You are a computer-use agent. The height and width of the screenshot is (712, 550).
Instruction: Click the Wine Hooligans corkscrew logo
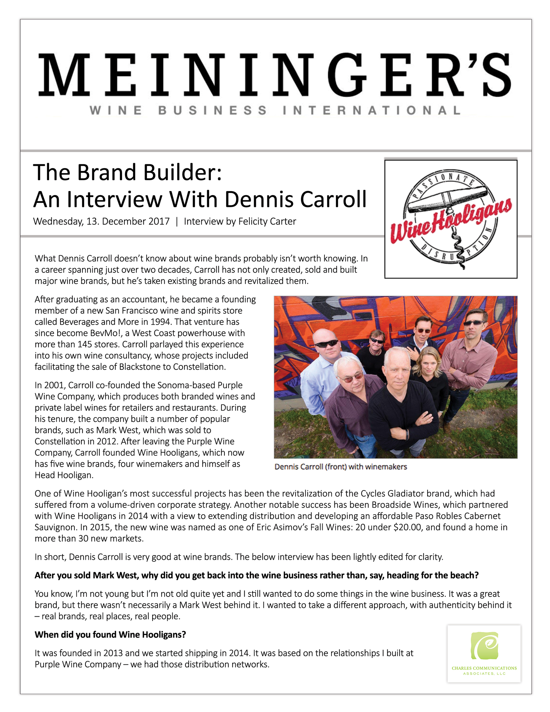point(451,219)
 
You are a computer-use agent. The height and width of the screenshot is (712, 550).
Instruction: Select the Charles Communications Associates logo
point(484,654)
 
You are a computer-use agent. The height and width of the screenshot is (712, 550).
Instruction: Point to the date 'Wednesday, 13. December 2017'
point(101,222)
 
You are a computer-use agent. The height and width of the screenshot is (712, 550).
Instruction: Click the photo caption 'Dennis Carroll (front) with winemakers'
point(341,467)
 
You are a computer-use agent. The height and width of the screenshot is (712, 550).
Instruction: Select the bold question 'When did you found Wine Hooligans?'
point(110,635)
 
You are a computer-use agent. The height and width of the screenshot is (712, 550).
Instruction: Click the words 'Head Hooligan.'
point(64,475)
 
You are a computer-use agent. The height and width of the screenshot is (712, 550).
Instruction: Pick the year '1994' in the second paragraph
point(161,322)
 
